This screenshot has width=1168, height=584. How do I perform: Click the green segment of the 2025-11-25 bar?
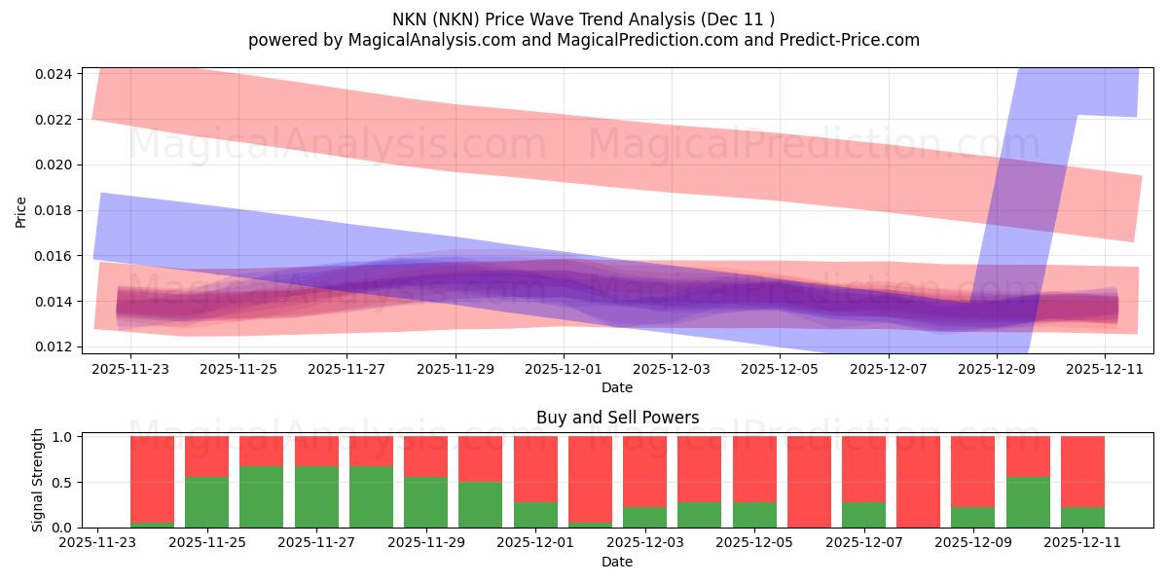coord(206,502)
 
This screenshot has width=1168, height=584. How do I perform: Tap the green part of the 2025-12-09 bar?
coord(972,517)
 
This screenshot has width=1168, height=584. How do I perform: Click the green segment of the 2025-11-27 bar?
coord(316,496)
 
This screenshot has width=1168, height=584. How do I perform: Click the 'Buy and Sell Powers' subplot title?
coord(617,418)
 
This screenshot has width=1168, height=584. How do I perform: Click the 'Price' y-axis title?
coord(21,210)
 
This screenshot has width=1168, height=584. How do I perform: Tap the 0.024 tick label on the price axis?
coord(54,74)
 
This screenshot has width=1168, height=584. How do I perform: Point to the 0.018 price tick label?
coord(54,210)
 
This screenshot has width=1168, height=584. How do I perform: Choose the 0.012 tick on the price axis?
coord(54,347)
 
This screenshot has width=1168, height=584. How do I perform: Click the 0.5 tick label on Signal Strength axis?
coord(62,483)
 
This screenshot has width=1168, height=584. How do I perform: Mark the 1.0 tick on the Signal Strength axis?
coord(62,437)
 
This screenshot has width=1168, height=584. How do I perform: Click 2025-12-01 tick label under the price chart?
coord(565,370)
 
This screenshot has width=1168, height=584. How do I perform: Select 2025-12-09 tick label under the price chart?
coord(997,370)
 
